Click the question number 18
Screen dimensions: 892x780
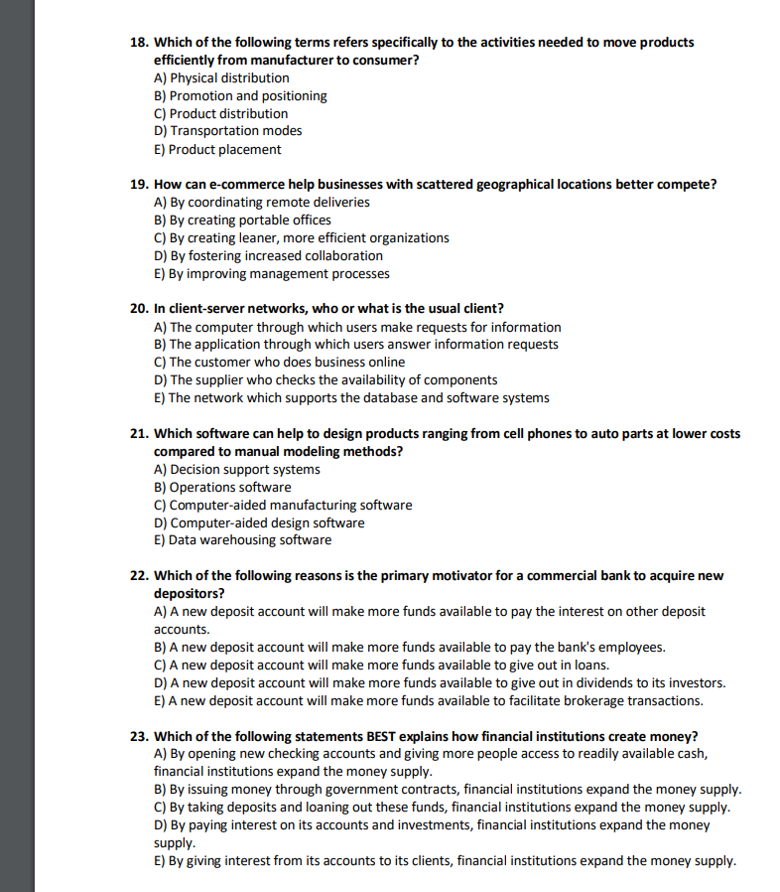pos(140,43)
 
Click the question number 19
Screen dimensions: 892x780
pos(140,185)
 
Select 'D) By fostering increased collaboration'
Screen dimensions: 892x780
pos(268,255)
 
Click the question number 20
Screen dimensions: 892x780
pos(140,309)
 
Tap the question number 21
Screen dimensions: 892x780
pos(140,434)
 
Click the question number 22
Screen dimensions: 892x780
pos(140,576)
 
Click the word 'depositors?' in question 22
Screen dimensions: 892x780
pos(189,593)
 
